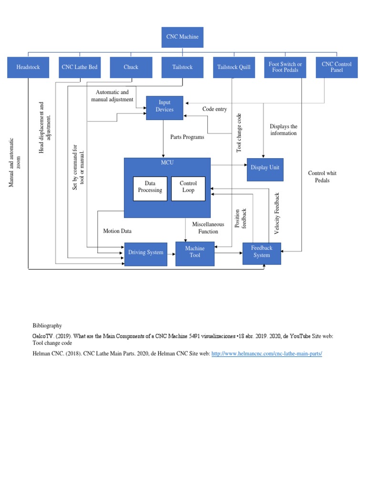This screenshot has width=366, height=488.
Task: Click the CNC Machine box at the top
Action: (183, 37)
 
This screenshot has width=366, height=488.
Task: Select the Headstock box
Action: (28, 67)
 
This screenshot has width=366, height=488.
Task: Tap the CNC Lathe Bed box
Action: (80, 67)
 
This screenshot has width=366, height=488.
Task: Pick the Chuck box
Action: (131, 67)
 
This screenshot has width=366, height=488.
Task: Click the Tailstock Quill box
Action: (234, 67)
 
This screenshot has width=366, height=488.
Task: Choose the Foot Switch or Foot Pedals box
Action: (285, 67)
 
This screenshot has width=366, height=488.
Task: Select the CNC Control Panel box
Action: (336, 67)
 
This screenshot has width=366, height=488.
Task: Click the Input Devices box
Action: (164, 106)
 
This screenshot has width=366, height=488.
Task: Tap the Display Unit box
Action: (265, 168)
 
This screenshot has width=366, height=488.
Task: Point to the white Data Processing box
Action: (150, 187)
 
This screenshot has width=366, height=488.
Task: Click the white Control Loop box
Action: (188, 187)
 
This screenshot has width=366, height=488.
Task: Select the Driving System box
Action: (145, 253)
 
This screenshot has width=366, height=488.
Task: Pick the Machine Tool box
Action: (195, 252)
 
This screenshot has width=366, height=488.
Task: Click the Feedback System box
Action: (262, 252)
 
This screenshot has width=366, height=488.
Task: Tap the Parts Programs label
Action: (187, 137)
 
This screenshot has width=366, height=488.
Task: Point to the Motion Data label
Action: (117, 231)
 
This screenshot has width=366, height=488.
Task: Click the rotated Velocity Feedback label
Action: (277, 213)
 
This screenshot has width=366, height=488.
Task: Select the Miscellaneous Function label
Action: (208, 228)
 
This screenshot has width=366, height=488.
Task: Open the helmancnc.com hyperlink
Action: (266, 354)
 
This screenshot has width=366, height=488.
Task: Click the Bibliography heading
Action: (47, 326)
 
